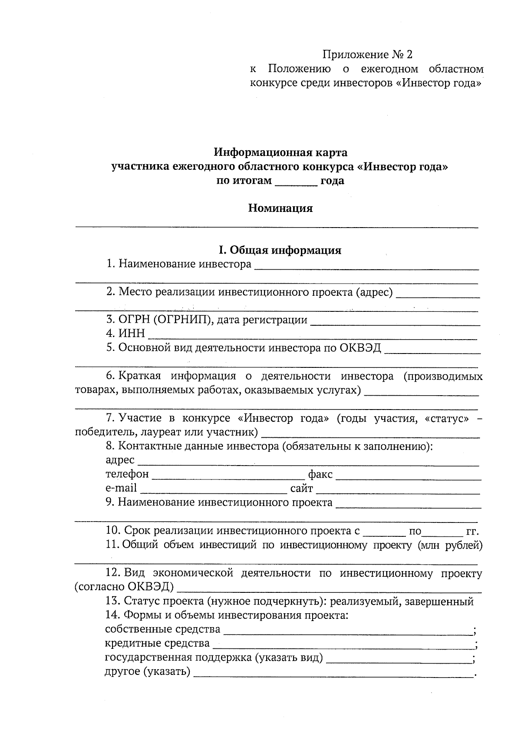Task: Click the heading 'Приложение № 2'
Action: pyautogui.click(x=367, y=55)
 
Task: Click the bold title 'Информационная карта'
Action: pyautogui.click(x=280, y=152)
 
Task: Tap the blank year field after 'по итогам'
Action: pyautogui.click(x=297, y=182)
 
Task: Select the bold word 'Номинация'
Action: pyautogui.click(x=280, y=208)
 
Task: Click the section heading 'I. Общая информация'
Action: pyautogui.click(x=280, y=250)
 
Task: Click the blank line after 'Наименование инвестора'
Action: pyautogui.click(x=366, y=266)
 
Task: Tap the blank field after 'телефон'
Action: pyautogui.click(x=228, y=475)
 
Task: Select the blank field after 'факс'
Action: pyautogui.click(x=408, y=475)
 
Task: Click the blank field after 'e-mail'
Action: pyautogui.click(x=214, y=489)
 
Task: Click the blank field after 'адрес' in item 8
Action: pyautogui.click(x=308, y=461)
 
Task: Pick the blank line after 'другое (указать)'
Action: pyautogui.click(x=333, y=673)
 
